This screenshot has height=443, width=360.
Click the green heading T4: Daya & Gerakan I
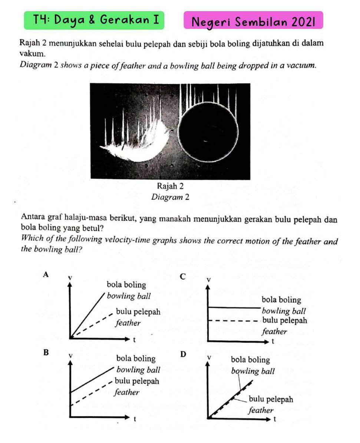point(94,20)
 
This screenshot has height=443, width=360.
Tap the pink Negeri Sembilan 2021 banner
point(253,22)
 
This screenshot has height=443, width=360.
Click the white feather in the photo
point(141,143)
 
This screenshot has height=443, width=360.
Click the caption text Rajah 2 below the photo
point(170,186)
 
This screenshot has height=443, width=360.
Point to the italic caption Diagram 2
point(170,197)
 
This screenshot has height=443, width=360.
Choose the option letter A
point(46,274)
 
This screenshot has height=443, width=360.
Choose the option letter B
point(46,352)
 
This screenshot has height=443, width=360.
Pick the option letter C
point(182,276)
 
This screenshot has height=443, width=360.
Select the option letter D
point(183,354)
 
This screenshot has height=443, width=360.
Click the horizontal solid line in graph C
point(234,308)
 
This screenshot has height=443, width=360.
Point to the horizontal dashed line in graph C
point(234,321)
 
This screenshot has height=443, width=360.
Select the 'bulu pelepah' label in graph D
point(271,399)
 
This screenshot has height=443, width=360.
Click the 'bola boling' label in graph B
point(136,358)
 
